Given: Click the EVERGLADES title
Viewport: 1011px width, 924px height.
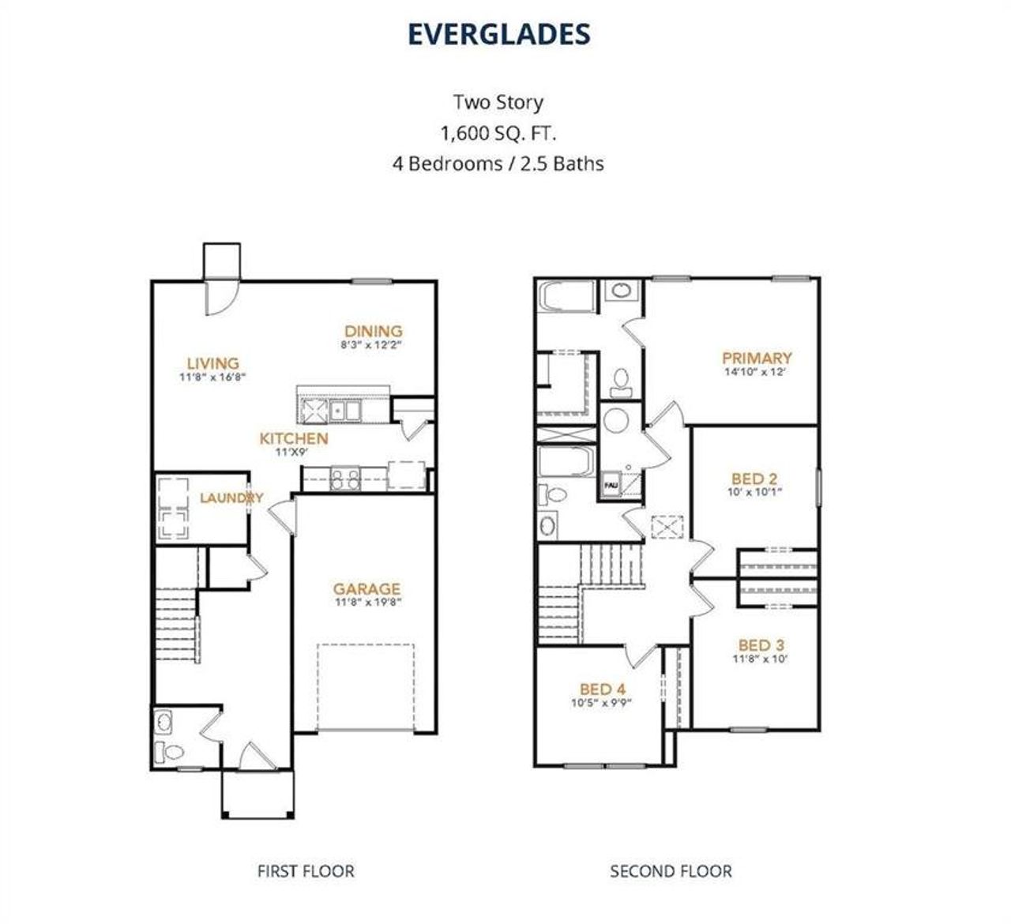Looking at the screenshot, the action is click(x=499, y=34).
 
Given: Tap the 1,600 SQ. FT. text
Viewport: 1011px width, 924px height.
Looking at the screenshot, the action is click(x=498, y=133).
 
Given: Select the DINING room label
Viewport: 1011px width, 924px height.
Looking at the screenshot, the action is click(x=374, y=331).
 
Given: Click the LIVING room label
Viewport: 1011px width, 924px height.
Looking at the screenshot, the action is click(x=212, y=363).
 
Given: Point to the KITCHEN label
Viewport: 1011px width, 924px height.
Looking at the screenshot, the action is click(x=294, y=438).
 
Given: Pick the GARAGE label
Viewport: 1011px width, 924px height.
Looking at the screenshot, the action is click(x=367, y=588).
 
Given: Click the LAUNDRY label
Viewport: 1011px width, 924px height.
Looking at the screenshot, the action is click(x=231, y=498).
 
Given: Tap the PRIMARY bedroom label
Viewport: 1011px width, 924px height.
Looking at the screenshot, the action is click(x=757, y=359).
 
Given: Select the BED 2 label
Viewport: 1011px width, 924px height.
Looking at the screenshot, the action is click(x=754, y=479).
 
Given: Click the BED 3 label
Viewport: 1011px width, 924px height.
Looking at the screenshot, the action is click(x=761, y=645).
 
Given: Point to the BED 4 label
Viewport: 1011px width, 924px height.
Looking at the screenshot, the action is click(x=603, y=689).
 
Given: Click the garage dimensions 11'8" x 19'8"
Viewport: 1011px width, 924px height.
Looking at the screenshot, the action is click(x=368, y=602).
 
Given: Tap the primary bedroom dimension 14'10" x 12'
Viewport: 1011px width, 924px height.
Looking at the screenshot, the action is click(x=755, y=372).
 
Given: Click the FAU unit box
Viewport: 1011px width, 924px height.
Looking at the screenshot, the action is click(x=612, y=485).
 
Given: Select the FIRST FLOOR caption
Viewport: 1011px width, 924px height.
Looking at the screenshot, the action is click(x=306, y=871).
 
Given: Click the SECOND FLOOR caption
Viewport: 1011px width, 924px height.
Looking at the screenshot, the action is click(x=671, y=871).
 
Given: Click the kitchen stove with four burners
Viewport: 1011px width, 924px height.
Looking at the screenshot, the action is click(x=345, y=479).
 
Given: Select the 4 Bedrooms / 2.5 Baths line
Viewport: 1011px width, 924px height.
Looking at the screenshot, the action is click(x=498, y=163).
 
